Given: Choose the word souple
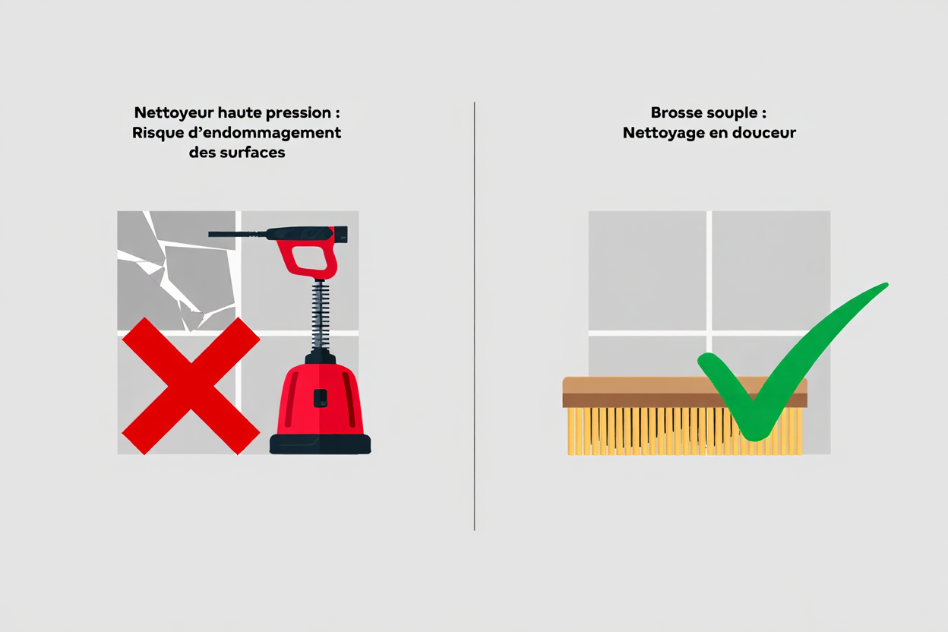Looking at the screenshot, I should (x=734, y=112).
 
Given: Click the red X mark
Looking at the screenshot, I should (x=191, y=385).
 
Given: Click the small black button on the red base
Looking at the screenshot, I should (x=321, y=398).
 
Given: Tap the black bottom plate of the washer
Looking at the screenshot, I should (x=321, y=445).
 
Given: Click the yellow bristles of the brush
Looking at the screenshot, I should (x=646, y=431).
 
